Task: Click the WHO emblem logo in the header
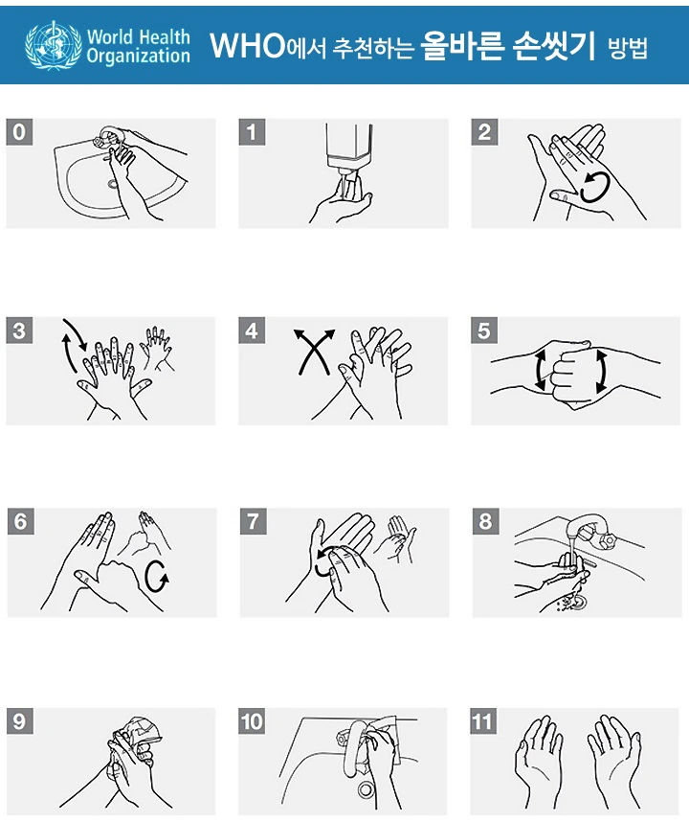click(x=53, y=45)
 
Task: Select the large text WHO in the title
click(x=247, y=45)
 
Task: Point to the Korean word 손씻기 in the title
click(x=554, y=45)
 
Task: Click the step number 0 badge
click(x=19, y=131)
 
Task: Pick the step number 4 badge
click(x=252, y=331)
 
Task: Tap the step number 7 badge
click(x=254, y=521)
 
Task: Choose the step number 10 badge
click(x=252, y=721)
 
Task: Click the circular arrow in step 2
click(x=596, y=188)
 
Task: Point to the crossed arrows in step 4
click(x=314, y=351)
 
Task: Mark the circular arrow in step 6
click(x=157, y=577)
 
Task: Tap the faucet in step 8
click(x=590, y=530)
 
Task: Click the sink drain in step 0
click(x=112, y=184)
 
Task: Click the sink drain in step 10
click(x=366, y=789)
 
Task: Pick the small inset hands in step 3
click(x=157, y=349)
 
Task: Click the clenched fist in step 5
click(x=570, y=372)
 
